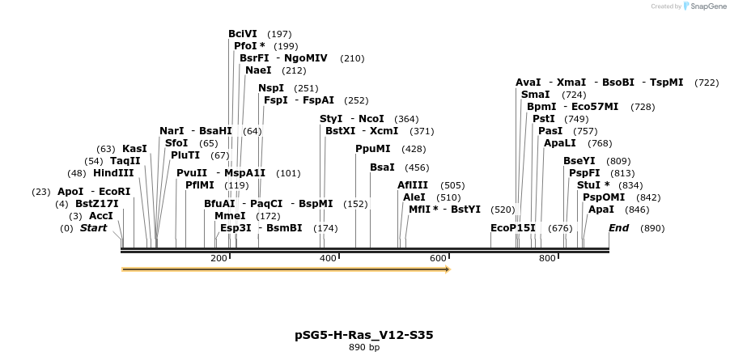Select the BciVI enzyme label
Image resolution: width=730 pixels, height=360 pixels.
tap(243, 34)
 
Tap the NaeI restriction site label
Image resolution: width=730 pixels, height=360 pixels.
tap(258, 70)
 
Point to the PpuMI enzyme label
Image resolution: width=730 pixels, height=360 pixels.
tap(373, 149)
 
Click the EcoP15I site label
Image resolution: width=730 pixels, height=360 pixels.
tap(513, 228)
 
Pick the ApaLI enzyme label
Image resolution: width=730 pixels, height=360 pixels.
tap(560, 143)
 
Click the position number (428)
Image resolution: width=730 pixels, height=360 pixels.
tap(414, 149)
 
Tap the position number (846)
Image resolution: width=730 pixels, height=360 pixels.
tap(637, 210)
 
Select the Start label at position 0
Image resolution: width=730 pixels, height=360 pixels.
tap(93, 228)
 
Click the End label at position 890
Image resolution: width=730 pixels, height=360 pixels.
tap(618, 228)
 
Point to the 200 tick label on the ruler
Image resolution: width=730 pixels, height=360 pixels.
tap(219, 258)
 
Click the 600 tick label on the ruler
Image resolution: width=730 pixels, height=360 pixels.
tap(438, 258)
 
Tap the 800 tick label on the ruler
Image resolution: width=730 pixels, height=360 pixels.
tap(548, 258)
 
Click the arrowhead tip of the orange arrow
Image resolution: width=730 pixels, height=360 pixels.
tap(449, 269)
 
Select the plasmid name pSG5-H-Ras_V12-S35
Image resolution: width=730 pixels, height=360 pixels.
tap(369, 334)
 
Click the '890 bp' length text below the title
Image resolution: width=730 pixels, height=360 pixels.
tap(364, 347)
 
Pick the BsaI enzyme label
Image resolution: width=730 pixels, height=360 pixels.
tap(382, 167)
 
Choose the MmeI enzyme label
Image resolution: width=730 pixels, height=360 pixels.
tap(230, 216)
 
